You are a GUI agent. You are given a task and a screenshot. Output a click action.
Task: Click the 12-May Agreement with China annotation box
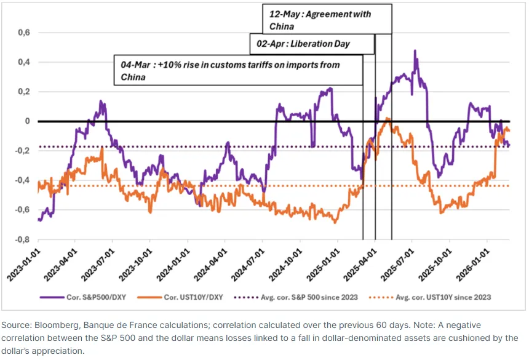[327, 19]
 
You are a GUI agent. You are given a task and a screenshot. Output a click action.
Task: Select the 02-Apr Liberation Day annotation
[312, 44]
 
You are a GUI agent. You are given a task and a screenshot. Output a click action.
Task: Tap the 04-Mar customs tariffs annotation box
[238, 70]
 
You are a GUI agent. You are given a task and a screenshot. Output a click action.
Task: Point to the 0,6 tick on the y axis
[24, 33]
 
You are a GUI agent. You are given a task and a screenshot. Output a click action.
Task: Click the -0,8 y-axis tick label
[23, 239]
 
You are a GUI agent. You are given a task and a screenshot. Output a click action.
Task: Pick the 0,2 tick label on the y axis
[24, 92]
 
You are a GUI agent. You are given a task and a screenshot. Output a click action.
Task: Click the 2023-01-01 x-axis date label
[23, 265]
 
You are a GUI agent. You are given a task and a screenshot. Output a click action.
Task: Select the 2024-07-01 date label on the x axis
[248, 265]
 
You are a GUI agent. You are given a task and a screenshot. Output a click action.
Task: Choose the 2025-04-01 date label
[360, 265]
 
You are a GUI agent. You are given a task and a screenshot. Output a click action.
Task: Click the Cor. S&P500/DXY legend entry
[83, 297]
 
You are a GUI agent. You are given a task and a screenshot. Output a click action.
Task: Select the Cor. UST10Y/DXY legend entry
[180, 297]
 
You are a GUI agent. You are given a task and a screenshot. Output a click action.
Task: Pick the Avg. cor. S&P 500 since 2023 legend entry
[296, 297]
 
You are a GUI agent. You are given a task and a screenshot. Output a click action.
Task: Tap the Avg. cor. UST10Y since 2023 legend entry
[430, 297]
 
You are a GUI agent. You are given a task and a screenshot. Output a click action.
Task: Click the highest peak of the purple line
[415, 50]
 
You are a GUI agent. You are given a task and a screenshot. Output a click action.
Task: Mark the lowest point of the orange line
[335, 223]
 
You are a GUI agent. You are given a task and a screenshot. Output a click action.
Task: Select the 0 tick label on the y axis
[27, 121]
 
